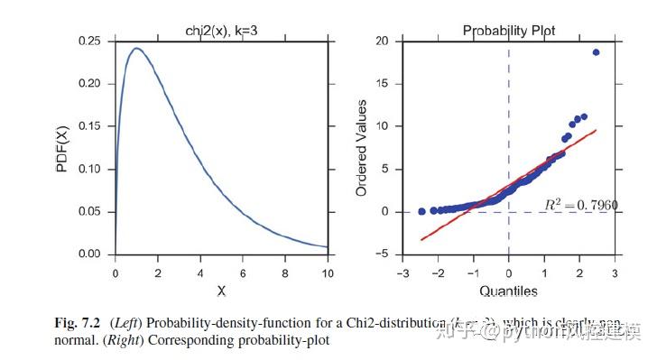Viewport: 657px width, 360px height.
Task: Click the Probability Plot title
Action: point(509,31)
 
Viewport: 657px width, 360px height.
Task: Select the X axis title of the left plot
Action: point(221,291)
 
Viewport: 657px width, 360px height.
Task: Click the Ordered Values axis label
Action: point(362,148)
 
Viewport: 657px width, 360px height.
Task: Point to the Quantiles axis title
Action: point(508,291)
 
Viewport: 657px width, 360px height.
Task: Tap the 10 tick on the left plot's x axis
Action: point(328,272)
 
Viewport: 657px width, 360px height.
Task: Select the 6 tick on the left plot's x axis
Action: point(243,272)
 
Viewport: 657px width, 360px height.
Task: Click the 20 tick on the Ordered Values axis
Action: point(382,42)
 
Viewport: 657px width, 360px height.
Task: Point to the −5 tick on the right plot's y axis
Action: point(382,254)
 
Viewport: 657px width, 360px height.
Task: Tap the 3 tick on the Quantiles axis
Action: point(615,272)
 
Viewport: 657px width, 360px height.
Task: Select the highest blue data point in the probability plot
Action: point(596,52)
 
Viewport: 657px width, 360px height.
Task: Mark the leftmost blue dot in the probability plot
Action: point(421,211)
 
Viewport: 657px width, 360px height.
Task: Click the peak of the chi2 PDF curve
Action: point(136,49)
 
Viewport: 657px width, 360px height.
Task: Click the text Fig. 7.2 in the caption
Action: point(79,324)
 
